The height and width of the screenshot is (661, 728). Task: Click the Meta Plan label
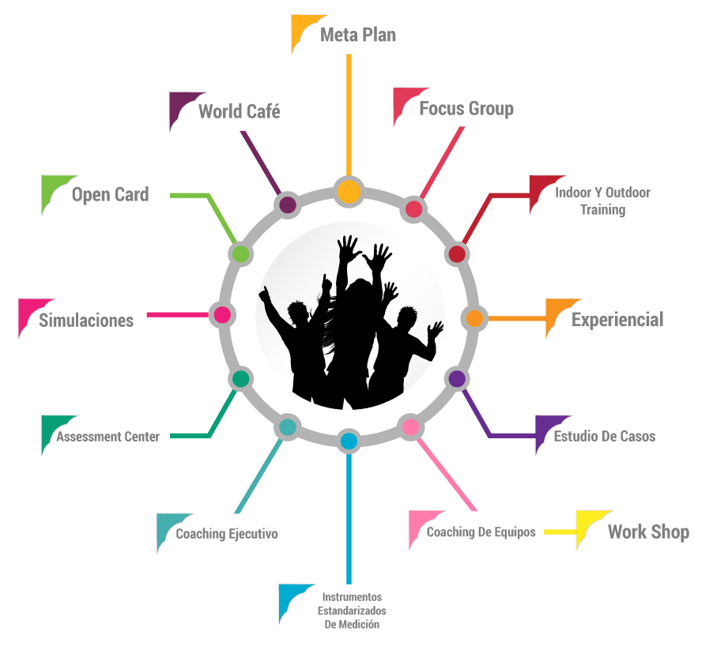coord(357,35)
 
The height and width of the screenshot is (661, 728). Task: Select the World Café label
coord(239,111)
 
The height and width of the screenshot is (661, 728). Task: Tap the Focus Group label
coord(466,108)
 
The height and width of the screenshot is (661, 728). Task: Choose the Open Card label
coord(110,194)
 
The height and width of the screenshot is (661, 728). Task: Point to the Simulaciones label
coord(86,320)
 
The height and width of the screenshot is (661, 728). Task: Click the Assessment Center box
coord(108,436)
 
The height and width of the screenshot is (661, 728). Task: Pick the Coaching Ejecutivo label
coord(226,533)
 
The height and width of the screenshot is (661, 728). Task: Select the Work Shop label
coord(648,531)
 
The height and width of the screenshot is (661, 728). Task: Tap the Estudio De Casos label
coord(604,436)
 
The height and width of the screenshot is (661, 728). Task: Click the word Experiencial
coord(617,320)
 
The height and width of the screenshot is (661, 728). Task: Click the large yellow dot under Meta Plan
coord(348,192)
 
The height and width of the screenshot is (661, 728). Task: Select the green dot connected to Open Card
coord(241,254)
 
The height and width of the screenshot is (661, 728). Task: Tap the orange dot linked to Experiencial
coord(474,318)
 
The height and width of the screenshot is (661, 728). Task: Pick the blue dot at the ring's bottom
coord(349,441)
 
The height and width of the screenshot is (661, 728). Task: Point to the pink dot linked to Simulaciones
coord(222,315)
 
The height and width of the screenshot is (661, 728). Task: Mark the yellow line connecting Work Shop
coord(560,531)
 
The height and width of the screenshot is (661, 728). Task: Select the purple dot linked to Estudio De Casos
coord(457,378)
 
